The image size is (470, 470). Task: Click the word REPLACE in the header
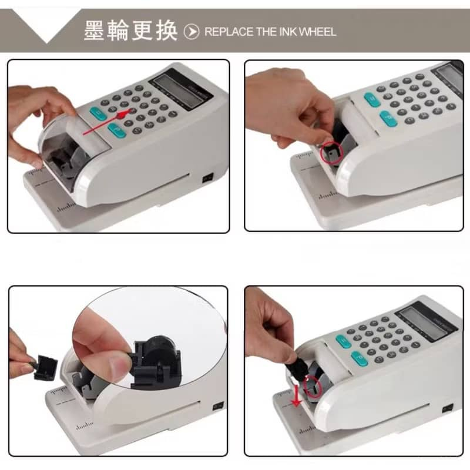229,32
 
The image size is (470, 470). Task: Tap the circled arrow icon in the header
192,32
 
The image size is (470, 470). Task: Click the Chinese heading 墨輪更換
130,31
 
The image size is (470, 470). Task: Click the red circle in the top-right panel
331,153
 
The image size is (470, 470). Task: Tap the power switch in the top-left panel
207,178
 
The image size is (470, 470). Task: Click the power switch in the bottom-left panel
218,407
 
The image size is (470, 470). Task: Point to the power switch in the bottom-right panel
447,408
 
